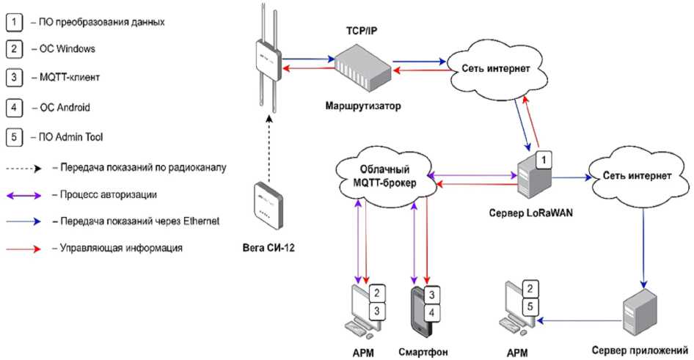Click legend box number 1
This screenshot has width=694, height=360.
[14, 22]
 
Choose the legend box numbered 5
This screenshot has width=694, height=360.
[14, 136]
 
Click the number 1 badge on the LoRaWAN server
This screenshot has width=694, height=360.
[543, 158]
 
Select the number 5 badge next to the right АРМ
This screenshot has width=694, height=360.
[534, 306]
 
